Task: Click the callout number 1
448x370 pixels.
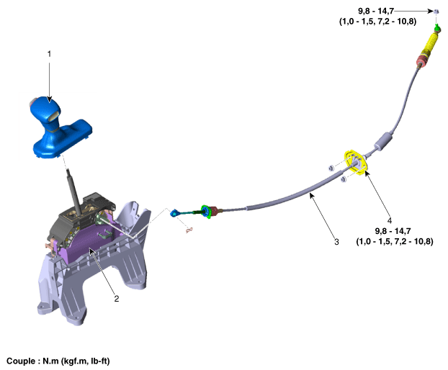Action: coord(49,54)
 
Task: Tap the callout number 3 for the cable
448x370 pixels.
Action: coord(336,243)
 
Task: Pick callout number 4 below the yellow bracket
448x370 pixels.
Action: coord(390,220)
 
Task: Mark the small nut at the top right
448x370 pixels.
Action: coord(436,11)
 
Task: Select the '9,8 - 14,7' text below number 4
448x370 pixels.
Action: coord(393,230)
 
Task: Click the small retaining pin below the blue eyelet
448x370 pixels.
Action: coord(190,230)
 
